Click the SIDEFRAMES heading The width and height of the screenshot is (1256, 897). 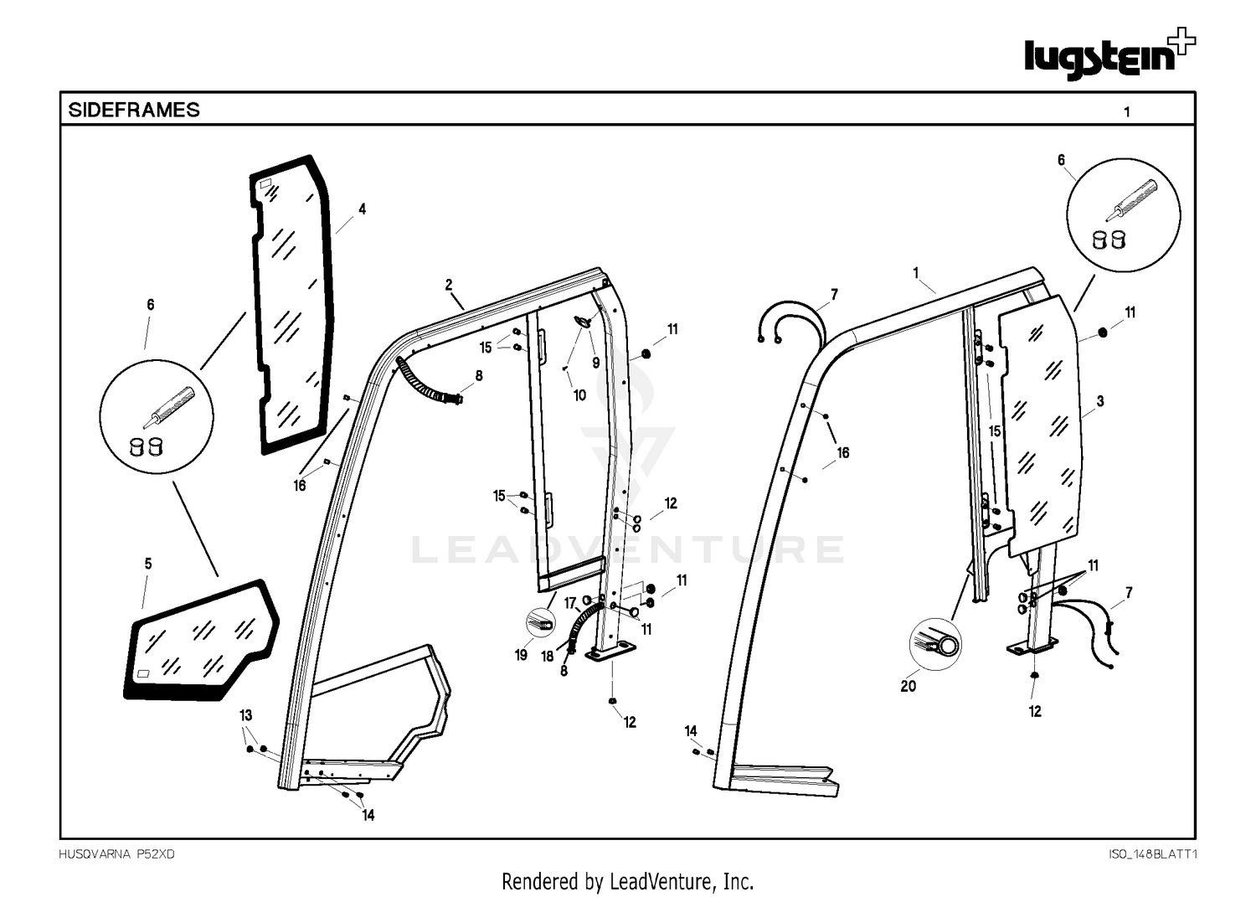click(x=133, y=110)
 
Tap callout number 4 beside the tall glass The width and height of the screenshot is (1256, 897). click(x=363, y=209)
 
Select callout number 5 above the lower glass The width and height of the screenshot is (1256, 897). click(x=148, y=564)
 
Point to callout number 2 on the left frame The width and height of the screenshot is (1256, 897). click(x=449, y=285)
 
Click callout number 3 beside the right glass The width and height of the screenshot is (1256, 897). click(x=1100, y=401)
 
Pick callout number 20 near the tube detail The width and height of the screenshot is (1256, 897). click(x=909, y=686)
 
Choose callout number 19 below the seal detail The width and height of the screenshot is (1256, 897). click(x=521, y=655)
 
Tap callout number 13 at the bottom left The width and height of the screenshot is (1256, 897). click(x=245, y=715)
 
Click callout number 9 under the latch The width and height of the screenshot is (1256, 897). click(x=596, y=363)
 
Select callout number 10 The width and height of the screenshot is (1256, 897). click(x=579, y=395)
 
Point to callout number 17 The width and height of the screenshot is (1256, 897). click(x=570, y=604)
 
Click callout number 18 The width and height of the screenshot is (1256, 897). click(x=548, y=657)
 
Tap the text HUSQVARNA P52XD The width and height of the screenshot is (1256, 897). click(x=116, y=854)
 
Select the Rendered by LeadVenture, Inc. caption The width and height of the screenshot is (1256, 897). click(x=627, y=881)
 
